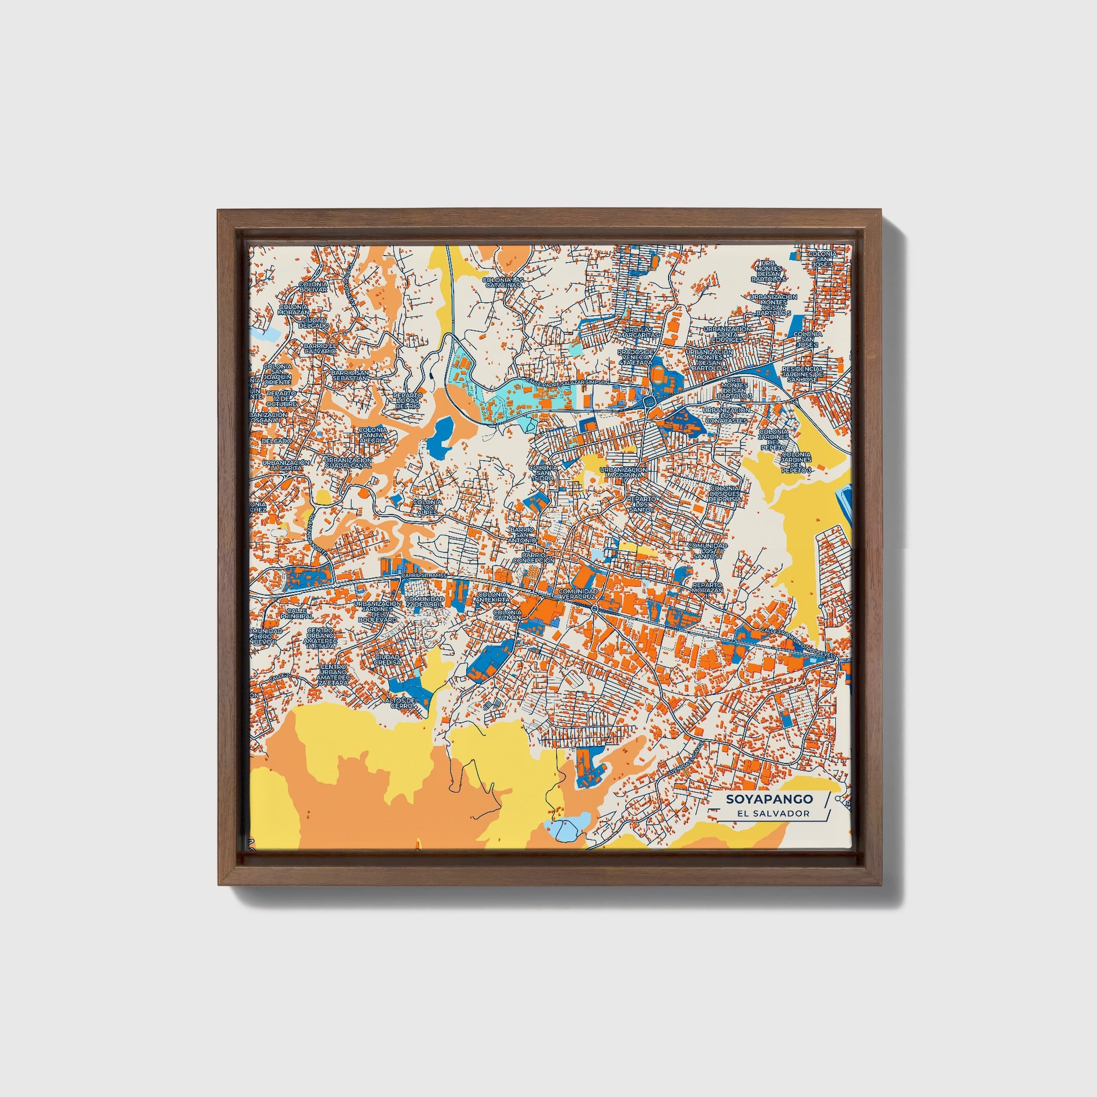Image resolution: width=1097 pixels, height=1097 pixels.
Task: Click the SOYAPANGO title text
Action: click(x=769, y=799)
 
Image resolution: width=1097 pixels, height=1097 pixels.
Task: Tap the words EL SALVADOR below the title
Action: click(x=773, y=813)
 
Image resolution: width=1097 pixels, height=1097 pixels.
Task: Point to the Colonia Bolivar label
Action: click(x=313, y=286)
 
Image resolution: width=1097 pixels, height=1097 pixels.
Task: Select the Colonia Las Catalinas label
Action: click(x=501, y=282)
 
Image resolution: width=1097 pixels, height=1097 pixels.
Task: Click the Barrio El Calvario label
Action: click(x=320, y=348)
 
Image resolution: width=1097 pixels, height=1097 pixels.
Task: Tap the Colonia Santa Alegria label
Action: click(x=373, y=435)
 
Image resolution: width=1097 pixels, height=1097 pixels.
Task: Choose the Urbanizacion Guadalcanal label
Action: click(x=348, y=463)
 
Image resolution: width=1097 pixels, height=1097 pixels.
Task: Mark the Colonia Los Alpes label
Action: click(x=427, y=506)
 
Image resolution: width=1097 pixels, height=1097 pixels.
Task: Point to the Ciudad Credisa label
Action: click(x=388, y=659)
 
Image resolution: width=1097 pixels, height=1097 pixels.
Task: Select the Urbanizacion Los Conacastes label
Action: click(x=726, y=415)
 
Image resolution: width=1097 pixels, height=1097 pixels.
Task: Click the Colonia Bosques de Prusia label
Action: click(x=724, y=493)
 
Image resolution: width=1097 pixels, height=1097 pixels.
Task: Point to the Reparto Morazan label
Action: click(x=707, y=587)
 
